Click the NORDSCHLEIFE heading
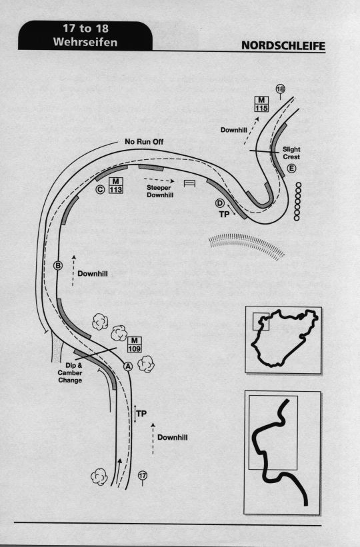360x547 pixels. (283, 46)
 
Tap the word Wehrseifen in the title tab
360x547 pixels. (85, 42)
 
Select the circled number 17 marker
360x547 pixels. (142, 475)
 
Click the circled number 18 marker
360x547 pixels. (281, 89)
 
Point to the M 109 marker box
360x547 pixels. (135, 344)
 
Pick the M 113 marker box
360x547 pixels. (115, 185)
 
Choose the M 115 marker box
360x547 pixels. (261, 104)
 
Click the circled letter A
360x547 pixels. (128, 366)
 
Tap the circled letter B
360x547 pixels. (57, 266)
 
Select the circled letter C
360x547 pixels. (100, 189)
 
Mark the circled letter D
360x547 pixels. (219, 203)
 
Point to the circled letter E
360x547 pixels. (291, 169)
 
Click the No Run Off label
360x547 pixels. (144, 142)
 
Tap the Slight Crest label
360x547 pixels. (291, 153)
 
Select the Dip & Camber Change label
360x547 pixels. (70, 373)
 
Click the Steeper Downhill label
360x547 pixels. (160, 191)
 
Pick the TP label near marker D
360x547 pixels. (224, 215)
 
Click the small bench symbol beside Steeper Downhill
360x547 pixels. (189, 183)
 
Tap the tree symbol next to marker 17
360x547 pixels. (99, 477)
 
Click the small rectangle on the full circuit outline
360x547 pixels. (261, 322)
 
